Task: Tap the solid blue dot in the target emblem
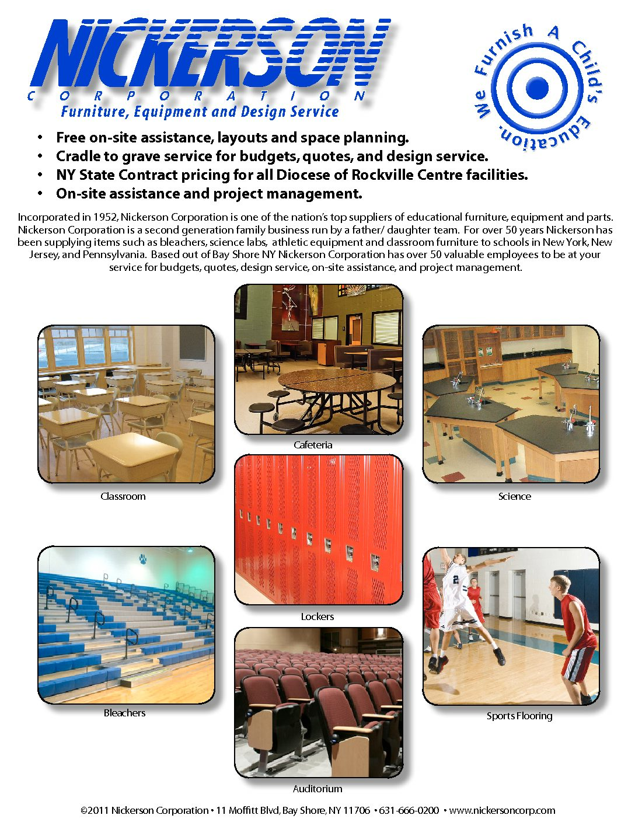coord(537,88)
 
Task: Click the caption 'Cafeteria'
coord(313,445)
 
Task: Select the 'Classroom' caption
coord(123,496)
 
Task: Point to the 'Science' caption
coord(514,496)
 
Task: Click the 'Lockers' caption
coord(317,616)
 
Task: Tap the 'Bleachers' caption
coord(124,713)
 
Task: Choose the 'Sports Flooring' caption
coord(519,716)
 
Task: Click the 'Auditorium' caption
coord(317,789)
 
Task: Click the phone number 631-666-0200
coord(409,810)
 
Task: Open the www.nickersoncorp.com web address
coord(502,810)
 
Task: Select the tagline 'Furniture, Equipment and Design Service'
coord(200,112)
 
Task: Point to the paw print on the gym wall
coord(143,560)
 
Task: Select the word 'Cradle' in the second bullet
coord(76,156)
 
